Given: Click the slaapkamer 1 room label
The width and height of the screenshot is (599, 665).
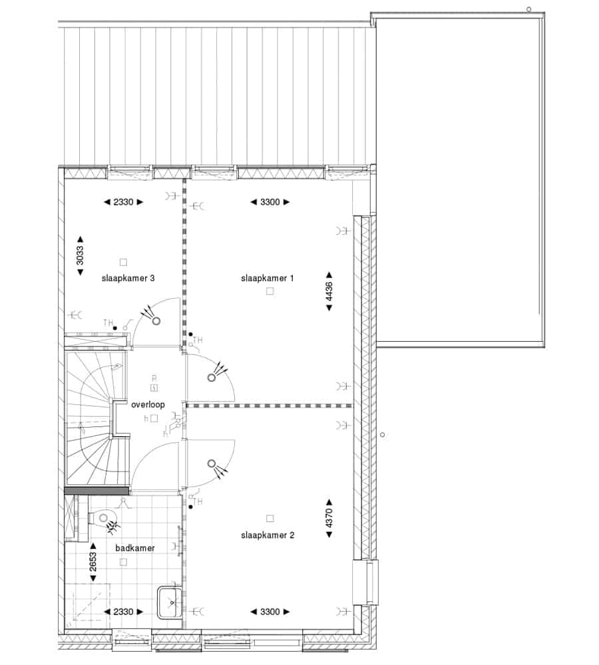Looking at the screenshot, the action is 267,278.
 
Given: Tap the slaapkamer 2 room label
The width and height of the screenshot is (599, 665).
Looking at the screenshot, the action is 268,535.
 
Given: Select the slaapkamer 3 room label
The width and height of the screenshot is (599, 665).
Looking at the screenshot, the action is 128,278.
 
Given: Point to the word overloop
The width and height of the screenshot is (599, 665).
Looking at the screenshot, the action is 148,404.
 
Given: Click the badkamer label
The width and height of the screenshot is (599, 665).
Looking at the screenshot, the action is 135,548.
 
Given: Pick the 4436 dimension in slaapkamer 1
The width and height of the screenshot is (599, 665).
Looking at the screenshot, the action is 329,291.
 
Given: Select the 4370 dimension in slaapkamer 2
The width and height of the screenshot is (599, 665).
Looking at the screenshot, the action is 329,519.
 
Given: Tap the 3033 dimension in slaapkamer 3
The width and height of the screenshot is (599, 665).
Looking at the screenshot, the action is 80,256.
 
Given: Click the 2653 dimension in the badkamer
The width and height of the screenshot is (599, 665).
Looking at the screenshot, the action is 93,561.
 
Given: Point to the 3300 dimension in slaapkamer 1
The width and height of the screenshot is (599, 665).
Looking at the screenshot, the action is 270,202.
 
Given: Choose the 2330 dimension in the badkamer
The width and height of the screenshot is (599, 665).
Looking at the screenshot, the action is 123,612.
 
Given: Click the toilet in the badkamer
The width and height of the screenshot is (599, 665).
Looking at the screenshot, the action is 101,518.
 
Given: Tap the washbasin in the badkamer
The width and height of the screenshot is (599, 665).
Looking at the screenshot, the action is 170,602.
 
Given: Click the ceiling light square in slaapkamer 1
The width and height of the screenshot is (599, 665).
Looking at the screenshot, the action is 270,291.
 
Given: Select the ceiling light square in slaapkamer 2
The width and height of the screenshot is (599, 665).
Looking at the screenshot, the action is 270,518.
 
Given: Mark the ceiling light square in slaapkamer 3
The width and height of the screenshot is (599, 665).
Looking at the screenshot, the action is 123,262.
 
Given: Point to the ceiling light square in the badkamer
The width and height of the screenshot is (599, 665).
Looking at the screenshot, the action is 123,562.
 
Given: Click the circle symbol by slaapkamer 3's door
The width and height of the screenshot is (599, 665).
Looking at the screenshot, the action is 156,321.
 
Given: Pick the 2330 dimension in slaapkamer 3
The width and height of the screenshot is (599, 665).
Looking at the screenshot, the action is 123,202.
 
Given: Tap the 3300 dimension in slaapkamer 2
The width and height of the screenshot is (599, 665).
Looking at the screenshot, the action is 270,612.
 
